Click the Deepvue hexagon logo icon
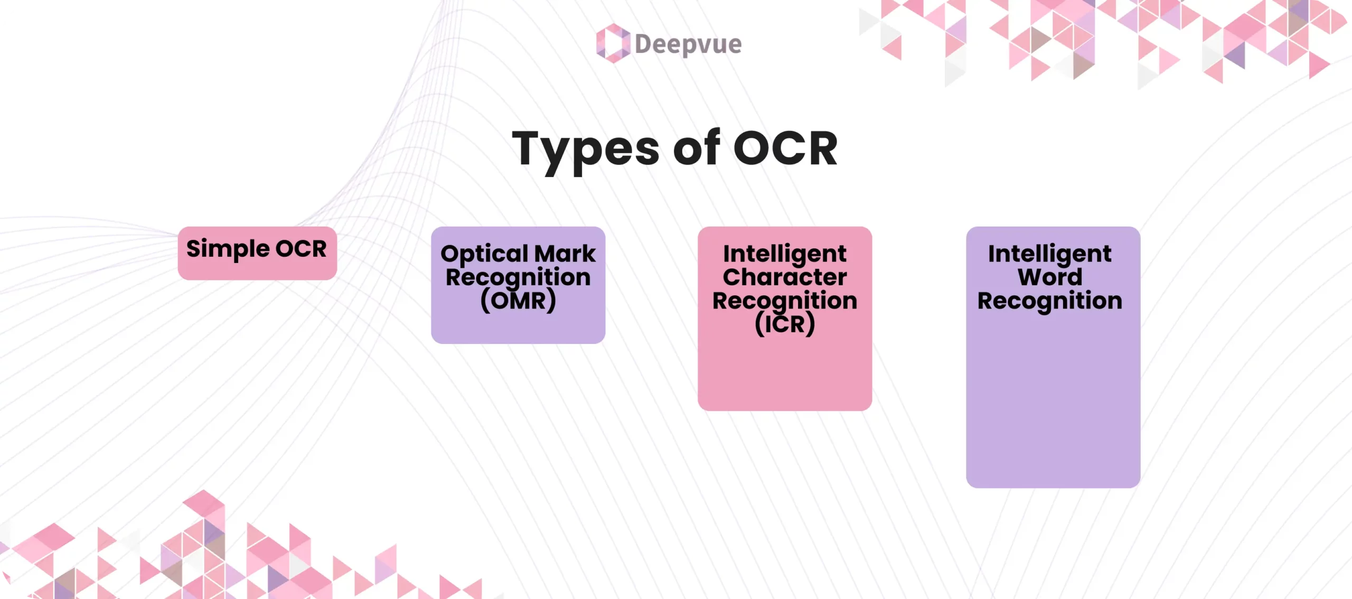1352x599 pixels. click(613, 43)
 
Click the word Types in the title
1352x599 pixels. click(586, 149)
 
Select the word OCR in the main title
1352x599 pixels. click(785, 149)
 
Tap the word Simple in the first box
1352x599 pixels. click(228, 249)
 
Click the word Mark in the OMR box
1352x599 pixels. click(565, 254)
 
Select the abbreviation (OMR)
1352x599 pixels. click(518, 301)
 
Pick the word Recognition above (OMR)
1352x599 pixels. click(518, 277)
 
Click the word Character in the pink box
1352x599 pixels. click(785, 277)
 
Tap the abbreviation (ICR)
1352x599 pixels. click(785, 324)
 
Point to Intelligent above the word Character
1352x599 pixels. click(785, 254)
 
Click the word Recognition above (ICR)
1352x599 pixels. click(785, 301)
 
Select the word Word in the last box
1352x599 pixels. click(1050, 277)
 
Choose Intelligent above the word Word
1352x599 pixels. click(1050, 254)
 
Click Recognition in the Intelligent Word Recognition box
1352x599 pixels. click(1050, 301)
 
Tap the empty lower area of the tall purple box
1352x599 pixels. click(1053, 412)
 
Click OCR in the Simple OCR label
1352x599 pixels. click(301, 249)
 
